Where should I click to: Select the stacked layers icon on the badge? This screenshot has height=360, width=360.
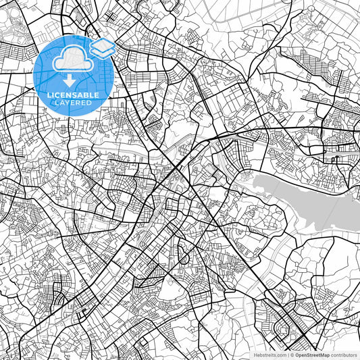point(102,48)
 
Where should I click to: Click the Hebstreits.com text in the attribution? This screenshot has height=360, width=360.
point(270,355)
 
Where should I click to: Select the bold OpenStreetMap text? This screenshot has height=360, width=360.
point(315,355)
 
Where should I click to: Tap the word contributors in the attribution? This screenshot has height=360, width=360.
point(345,355)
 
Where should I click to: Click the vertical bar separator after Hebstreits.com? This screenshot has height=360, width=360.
point(286,355)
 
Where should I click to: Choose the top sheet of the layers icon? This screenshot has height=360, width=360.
point(102,45)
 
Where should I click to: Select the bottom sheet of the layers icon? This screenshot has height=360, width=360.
point(102,52)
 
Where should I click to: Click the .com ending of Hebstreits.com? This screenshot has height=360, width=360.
point(280,355)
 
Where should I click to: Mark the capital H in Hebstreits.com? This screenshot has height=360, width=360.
point(257,355)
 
